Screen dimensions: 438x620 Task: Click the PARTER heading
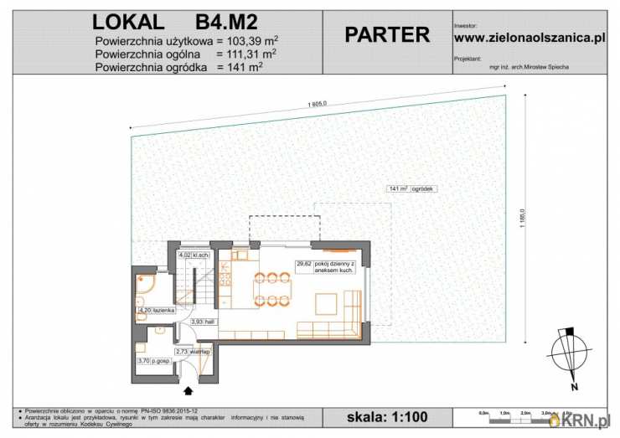coord(387,35)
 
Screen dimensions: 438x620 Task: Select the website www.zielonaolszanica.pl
coord(529,38)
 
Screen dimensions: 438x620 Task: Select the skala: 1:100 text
coord(387,416)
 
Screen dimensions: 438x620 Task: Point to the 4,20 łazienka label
coord(157,311)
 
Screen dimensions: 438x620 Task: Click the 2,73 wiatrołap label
coord(192,352)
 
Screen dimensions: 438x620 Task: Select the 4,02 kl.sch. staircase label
coord(194,255)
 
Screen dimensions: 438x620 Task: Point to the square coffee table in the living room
coord(325,302)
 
